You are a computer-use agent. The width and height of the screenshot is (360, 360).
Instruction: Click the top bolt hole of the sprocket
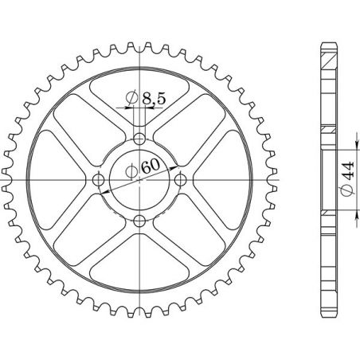click(x=140, y=139)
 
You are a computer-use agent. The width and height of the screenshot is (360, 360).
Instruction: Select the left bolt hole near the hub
click(x=100, y=179)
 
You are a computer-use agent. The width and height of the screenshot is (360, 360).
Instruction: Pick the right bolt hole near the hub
click(x=180, y=179)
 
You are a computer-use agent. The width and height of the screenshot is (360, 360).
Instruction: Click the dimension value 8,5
click(x=153, y=99)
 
